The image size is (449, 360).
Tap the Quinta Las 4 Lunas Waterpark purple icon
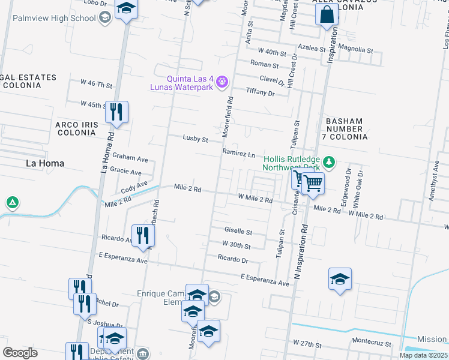pos(222,80)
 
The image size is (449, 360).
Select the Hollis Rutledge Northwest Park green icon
pos(328,161)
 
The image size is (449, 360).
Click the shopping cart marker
pos(313,182)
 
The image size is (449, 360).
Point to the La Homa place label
pos(44,163)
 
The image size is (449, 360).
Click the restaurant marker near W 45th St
pos(116,112)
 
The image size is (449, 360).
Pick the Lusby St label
pos(195,139)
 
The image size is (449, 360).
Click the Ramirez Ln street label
pos(238,154)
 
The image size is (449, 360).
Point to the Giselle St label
pos(238,232)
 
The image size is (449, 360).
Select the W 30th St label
pos(236,245)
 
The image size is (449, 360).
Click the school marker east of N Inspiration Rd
pos(340,278)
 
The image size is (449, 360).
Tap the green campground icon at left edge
pos(12,203)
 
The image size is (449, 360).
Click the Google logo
pos(20,352)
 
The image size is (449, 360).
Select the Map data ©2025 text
pos(423,355)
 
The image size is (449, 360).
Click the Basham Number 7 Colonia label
pos(345,129)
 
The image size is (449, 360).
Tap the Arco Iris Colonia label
pos(76,128)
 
